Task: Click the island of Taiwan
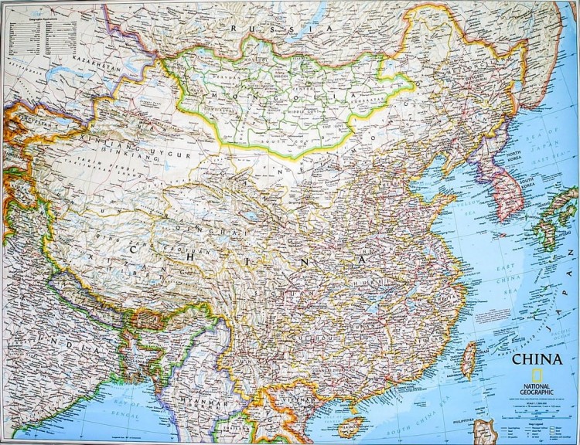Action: tap(469, 357)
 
